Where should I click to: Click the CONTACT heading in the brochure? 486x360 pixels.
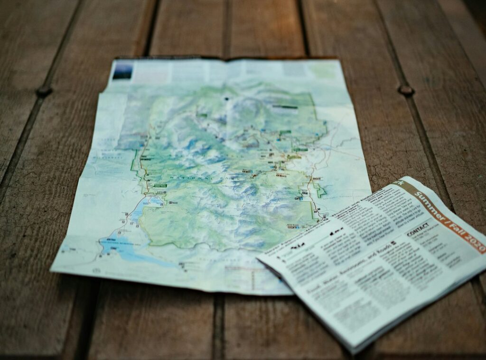(418, 229)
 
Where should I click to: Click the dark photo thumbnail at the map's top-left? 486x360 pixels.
(122, 71)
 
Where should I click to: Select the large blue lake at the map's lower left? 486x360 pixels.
(121, 247)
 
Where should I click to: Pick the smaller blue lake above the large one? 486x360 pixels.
(154, 202)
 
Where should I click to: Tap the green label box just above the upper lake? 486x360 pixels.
(160, 185)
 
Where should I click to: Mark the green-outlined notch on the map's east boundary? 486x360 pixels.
(321, 192)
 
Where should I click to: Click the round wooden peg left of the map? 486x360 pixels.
(43, 91)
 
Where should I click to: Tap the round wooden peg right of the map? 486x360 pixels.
(406, 90)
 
